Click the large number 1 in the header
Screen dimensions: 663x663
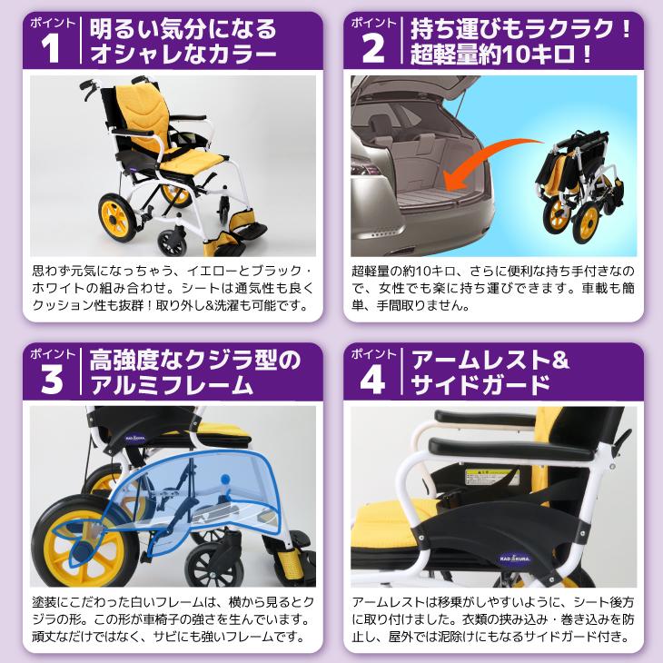[51, 52]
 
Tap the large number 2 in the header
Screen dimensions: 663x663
[373, 52]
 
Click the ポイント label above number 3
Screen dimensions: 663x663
[49, 352]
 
